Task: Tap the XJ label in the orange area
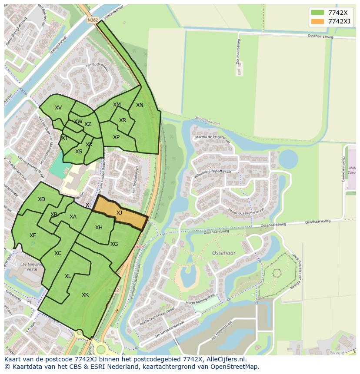119,213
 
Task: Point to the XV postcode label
58,108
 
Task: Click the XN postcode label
140,105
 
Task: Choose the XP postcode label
116,137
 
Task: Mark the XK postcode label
85,295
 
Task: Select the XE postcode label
33,235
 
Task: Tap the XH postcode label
99,228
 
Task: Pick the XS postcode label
79,152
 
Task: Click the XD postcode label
41,199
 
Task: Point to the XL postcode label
68,276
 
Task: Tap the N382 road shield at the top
92,20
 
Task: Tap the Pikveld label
337,353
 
